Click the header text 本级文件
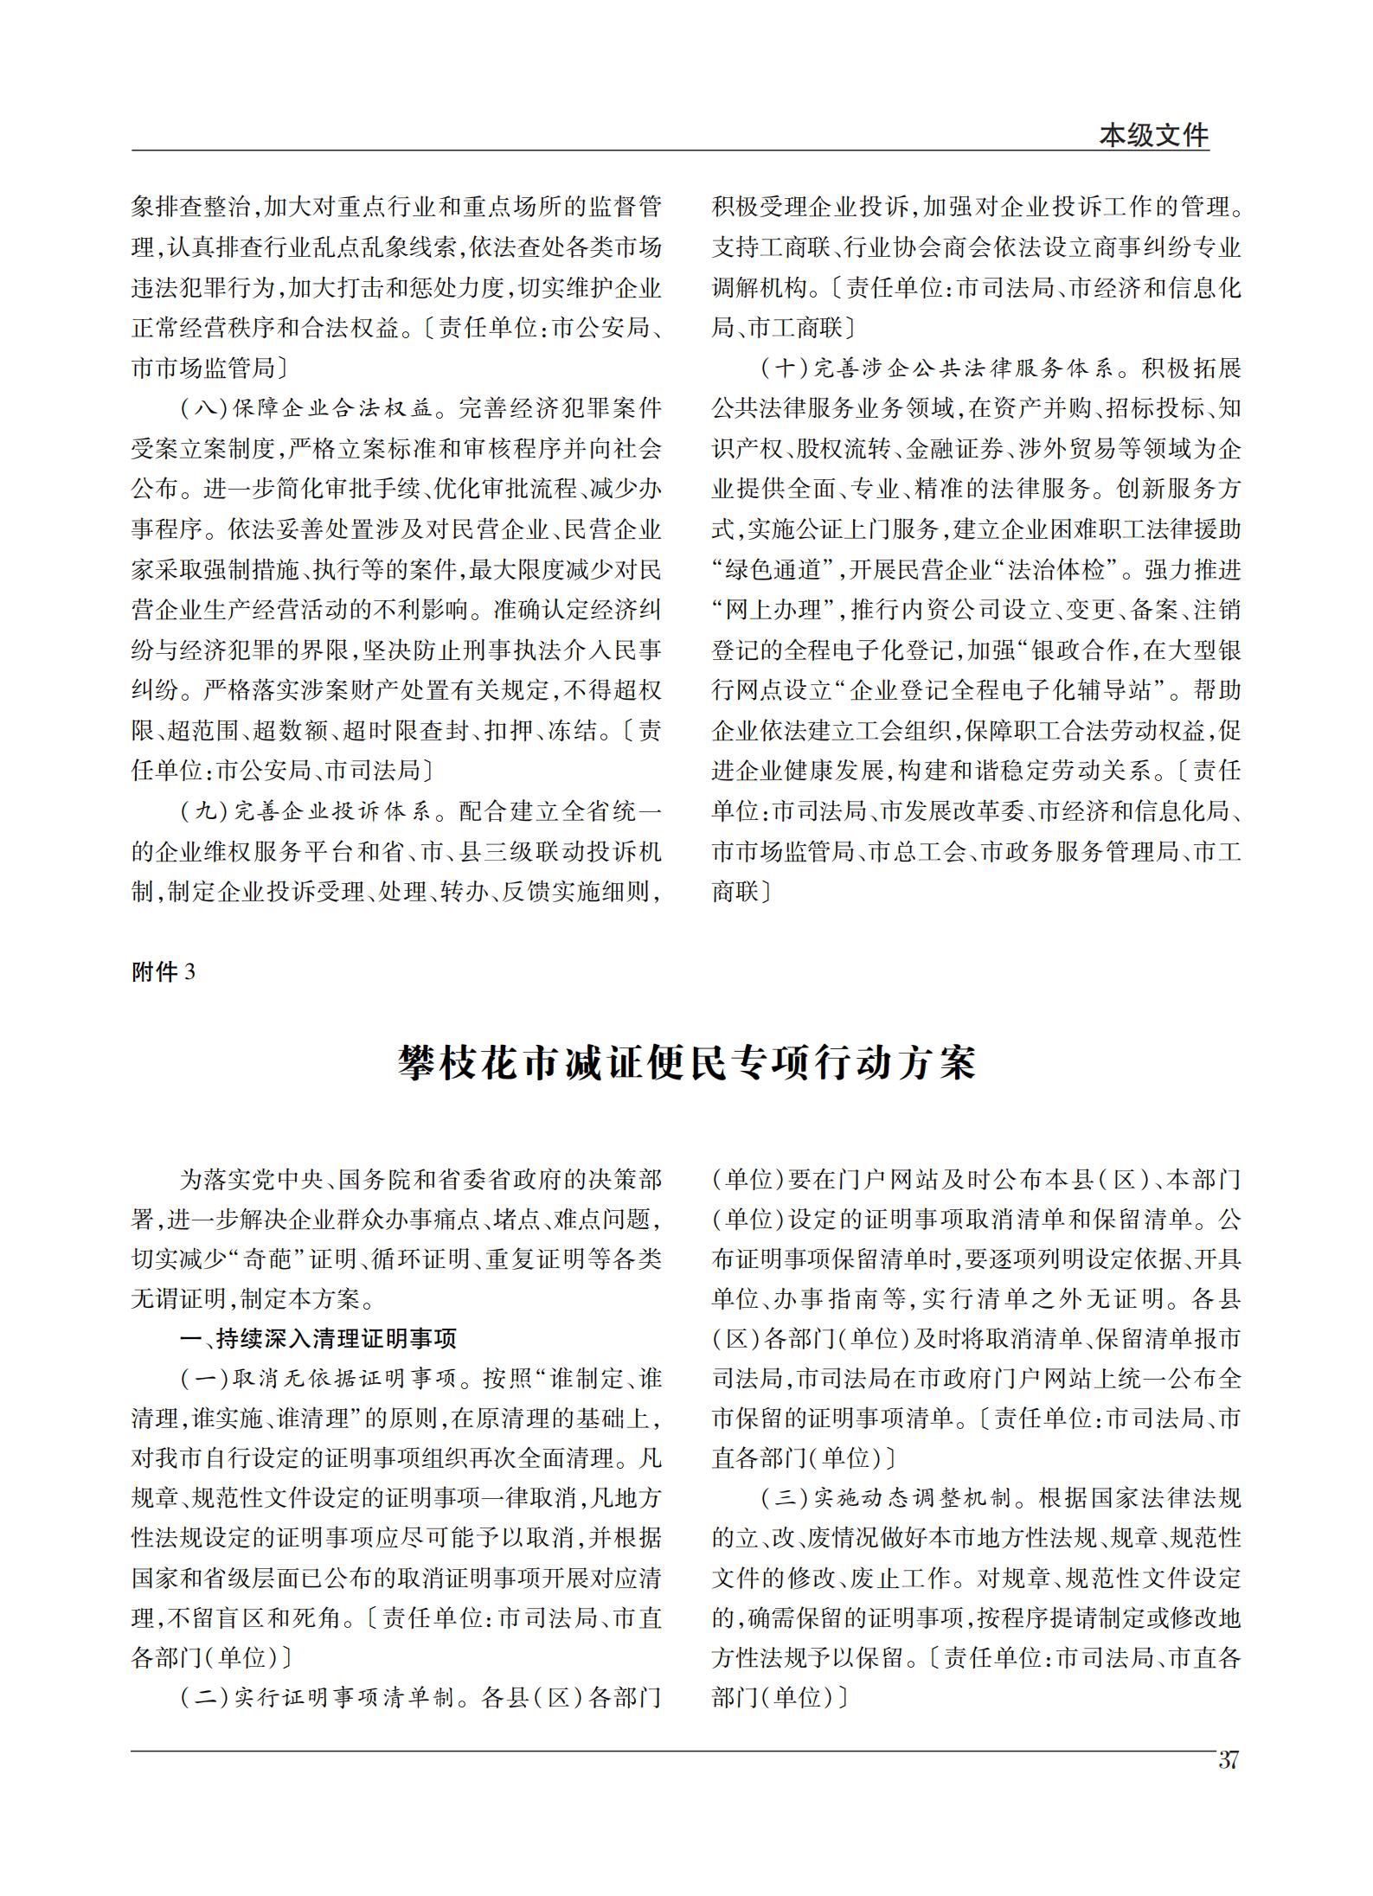point(1153,135)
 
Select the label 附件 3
point(164,972)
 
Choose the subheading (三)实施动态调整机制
point(887,1498)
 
